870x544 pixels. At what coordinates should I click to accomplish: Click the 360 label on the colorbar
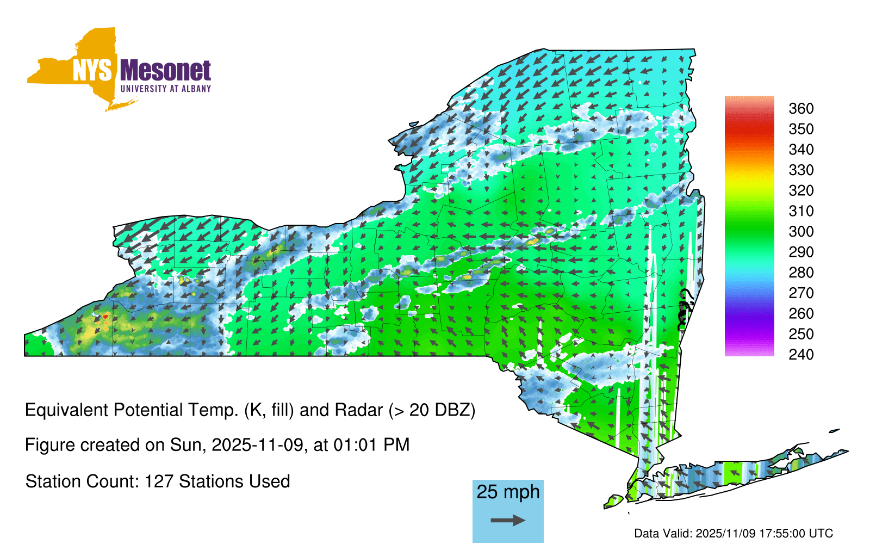pyautogui.click(x=801, y=108)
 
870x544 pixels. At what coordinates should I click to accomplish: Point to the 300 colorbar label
pyautogui.click(x=801, y=232)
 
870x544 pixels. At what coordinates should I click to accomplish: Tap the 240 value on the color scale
pyautogui.click(x=801, y=354)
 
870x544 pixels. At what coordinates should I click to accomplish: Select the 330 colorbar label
pyautogui.click(x=801, y=170)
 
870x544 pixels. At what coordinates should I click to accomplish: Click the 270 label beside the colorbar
pyautogui.click(x=801, y=293)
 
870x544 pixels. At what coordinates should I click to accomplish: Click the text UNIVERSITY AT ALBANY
pyautogui.click(x=166, y=89)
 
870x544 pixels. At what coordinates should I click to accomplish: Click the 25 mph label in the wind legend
pyautogui.click(x=508, y=492)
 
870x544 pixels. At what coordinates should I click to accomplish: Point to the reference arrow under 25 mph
pyautogui.click(x=508, y=520)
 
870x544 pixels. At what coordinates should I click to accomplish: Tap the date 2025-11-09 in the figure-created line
pyautogui.click(x=257, y=445)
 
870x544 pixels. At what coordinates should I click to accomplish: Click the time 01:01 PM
pyautogui.click(x=371, y=445)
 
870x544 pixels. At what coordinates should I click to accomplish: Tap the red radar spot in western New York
pyautogui.click(x=105, y=317)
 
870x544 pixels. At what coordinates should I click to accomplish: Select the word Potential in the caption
pyautogui.click(x=148, y=410)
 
